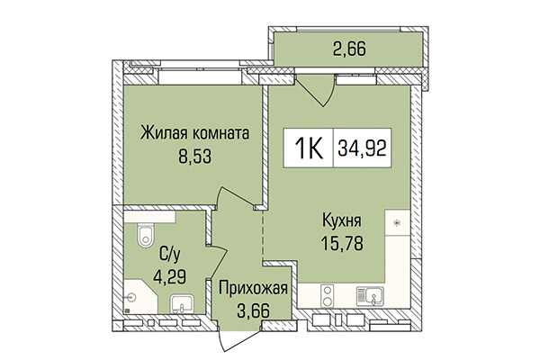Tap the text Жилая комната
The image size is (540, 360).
click(x=193, y=134)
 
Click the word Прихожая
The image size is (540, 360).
click(x=253, y=289)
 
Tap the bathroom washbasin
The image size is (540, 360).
click(x=181, y=304)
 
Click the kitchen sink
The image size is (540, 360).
click(x=369, y=293)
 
